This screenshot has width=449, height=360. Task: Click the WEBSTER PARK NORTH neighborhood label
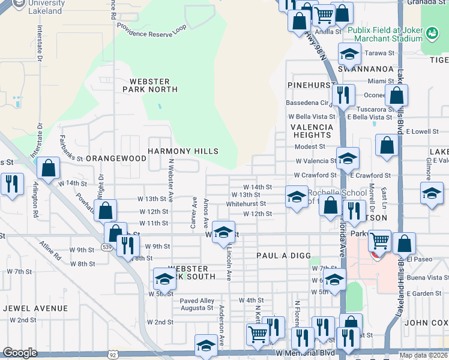pyautogui.click(x=150, y=85)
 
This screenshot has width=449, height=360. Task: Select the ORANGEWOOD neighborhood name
pyautogui.click(x=116, y=158)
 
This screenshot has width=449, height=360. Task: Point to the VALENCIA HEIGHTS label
pyautogui.click(x=312, y=131)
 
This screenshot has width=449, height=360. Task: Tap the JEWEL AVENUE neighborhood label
pyautogui.click(x=35, y=308)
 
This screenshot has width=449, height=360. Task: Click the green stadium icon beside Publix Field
pyautogui.click(x=432, y=31)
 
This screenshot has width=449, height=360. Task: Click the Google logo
pyautogui.click(x=20, y=353)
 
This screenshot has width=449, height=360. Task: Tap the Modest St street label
pyautogui.click(x=310, y=146)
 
